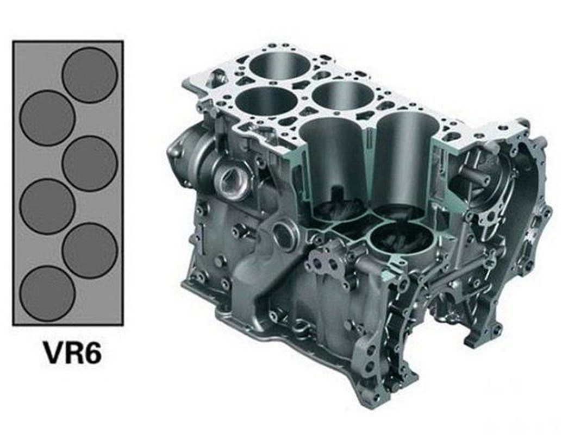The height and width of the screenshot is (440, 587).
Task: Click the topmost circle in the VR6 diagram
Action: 90,75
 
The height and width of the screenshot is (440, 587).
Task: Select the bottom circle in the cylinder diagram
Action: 47,293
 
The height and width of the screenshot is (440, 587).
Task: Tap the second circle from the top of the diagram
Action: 47,118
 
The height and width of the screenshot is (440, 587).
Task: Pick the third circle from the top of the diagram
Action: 90,164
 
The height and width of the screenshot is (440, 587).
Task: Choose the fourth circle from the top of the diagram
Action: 47,206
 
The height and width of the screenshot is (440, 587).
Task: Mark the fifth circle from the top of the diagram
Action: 90,250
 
